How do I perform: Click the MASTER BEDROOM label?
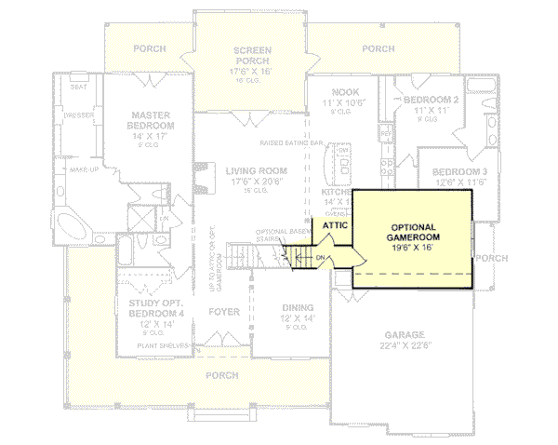point(150,120)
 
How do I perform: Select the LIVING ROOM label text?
point(255,170)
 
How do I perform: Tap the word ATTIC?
point(335,225)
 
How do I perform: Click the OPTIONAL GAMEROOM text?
point(412,233)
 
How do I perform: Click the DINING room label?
point(299,308)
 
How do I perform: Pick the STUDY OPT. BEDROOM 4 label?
point(151,308)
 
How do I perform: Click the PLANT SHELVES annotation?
point(165,345)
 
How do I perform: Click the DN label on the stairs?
point(320,258)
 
